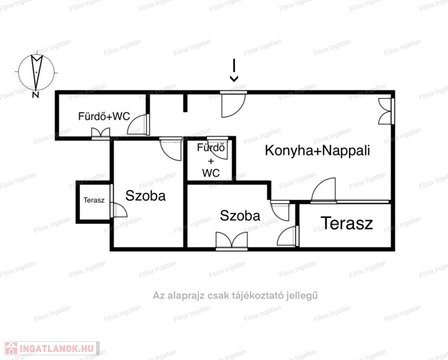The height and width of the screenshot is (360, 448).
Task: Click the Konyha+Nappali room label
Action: pos(317,150)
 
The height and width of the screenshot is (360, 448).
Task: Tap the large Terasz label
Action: pos(347,223)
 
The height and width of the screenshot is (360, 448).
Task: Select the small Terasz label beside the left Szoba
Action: pos(94,200)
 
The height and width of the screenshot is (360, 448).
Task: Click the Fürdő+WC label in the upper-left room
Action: pos(104,116)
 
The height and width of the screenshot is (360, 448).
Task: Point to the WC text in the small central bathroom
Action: pos(211,173)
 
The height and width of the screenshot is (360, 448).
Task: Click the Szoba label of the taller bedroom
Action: pos(145,196)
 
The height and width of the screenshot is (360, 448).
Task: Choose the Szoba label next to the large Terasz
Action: pos(240,216)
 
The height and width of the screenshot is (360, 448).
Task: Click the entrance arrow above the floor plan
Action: pos(234,70)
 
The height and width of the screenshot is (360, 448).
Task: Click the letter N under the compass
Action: pos(36,95)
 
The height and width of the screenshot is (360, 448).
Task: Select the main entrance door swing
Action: pos(234,105)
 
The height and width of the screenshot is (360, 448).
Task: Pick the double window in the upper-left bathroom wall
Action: pos(101,134)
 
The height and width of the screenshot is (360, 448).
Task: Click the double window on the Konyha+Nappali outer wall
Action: pos(386,111)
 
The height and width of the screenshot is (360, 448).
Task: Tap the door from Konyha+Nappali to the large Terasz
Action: pos(323,191)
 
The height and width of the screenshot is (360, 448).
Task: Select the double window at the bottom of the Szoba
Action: pos(231,241)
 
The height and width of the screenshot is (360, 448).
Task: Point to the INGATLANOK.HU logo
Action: pos(52,348)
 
